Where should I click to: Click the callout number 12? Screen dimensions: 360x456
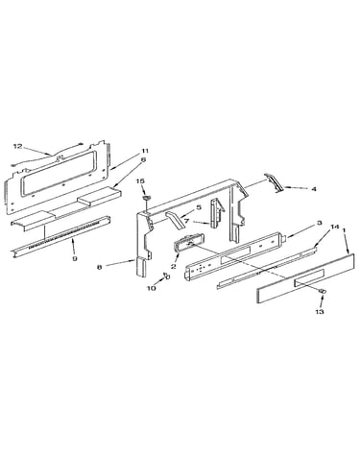pos(17,146)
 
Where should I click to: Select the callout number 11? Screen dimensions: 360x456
pos(146,151)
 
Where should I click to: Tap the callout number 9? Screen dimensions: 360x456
pos(75,258)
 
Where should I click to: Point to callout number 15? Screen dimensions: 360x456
pos(141,181)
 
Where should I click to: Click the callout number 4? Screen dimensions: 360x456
pos(314,189)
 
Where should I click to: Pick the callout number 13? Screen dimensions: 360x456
pos(320,311)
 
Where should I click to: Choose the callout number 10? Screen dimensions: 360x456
pos(152,288)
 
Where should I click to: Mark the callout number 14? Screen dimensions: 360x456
pos(334,227)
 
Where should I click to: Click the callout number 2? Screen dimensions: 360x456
pos(174,266)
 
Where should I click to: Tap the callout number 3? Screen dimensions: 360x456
pos(320,223)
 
